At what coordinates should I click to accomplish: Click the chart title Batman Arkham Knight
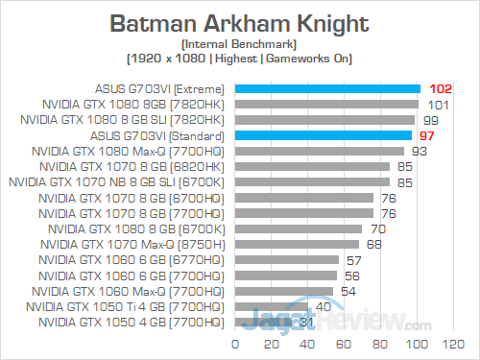click(x=239, y=21)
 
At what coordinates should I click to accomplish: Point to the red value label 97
click(x=428, y=135)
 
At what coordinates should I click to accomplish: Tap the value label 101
click(x=438, y=105)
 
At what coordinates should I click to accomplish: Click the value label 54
click(x=349, y=290)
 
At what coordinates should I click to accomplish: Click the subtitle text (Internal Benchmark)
click(x=239, y=44)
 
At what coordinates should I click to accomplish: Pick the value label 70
click(x=378, y=228)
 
